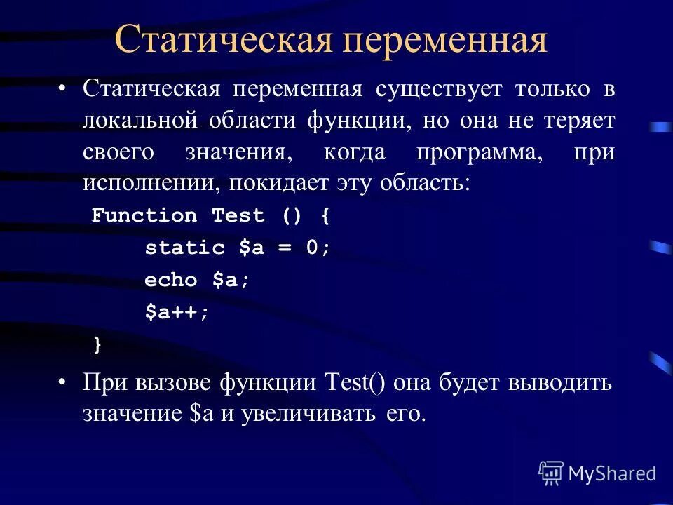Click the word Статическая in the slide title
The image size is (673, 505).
click(223, 41)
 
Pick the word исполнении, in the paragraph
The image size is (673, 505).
click(150, 183)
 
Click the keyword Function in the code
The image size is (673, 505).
click(144, 215)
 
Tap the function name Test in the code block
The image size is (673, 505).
click(238, 215)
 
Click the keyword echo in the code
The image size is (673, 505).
click(171, 280)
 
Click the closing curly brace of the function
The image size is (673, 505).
click(97, 344)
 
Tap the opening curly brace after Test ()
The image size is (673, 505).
click(325, 215)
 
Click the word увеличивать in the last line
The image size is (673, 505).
click(311, 414)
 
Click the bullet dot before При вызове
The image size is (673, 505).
click(62, 384)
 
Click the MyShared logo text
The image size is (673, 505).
click(612, 473)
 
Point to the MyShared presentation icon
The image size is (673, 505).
click(550, 473)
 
